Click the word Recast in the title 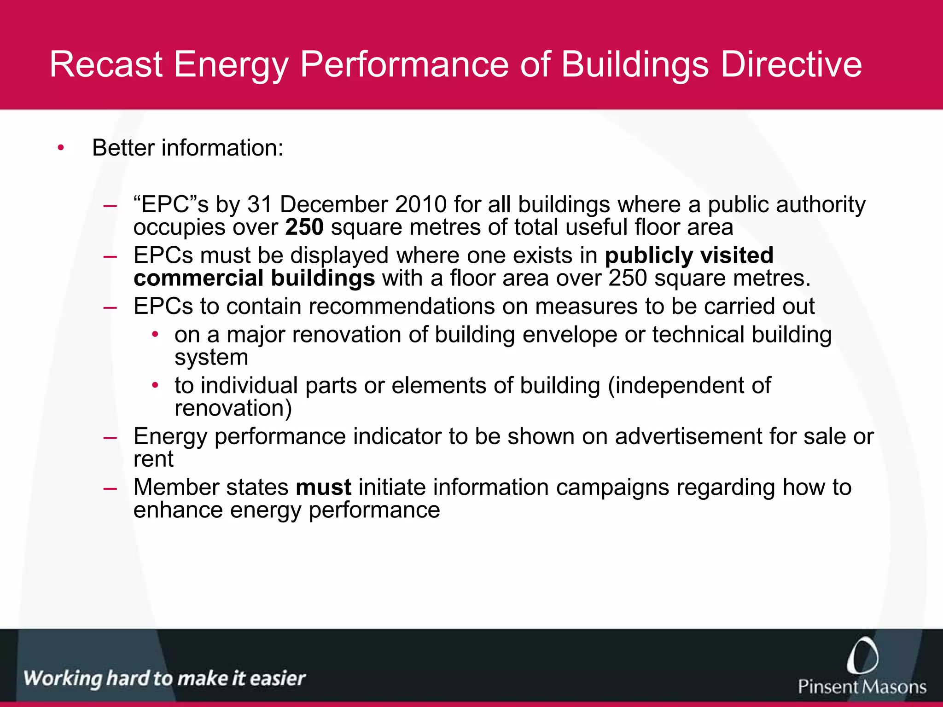[x=106, y=64]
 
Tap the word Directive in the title [x=791, y=64]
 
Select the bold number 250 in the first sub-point [x=304, y=227]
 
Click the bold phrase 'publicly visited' [x=689, y=255]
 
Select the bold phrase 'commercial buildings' [x=254, y=278]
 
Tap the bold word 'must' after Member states [x=323, y=487]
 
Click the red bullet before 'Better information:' [x=61, y=148]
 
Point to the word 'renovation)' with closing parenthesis [x=233, y=408]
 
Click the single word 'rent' [x=153, y=459]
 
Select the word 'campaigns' [x=612, y=487]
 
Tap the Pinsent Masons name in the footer [x=862, y=687]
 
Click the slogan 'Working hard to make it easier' [x=164, y=678]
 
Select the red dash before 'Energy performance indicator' [x=110, y=437]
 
